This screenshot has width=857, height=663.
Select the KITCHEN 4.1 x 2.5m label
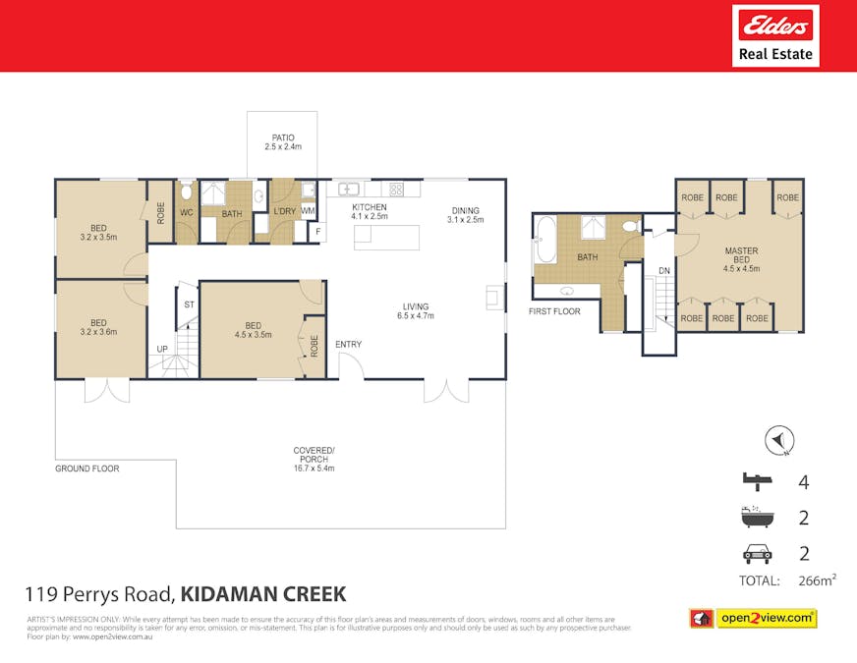pyautogui.click(x=370, y=212)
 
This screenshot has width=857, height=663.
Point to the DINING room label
pyautogui.click(x=465, y=215)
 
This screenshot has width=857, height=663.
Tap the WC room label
pyautogui.click(x=186, y=212)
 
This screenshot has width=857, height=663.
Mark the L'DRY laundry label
pyautogui.click(x=284, y=212)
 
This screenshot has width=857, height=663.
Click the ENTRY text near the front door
pyautogui.click(x=348, y=345)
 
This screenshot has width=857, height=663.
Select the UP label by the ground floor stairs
pyautogui.click(x=161, y=350)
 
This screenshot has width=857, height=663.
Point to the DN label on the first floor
pyautogui.click(x=664, y=270)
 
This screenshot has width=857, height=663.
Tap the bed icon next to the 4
pyautogui.click(x=756, y=481)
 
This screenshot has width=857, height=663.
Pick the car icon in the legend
pyautogui.click(x=756, y=553)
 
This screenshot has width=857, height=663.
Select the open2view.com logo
pyautogui.click(x=753, y=618)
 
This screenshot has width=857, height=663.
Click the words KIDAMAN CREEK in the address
pyautogui.click(x=263, y=593)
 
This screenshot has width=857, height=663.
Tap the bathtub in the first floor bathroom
pyautogui.click(x=546, y=242)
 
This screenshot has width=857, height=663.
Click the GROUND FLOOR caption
pyautogui.click(x=86, y=469)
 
